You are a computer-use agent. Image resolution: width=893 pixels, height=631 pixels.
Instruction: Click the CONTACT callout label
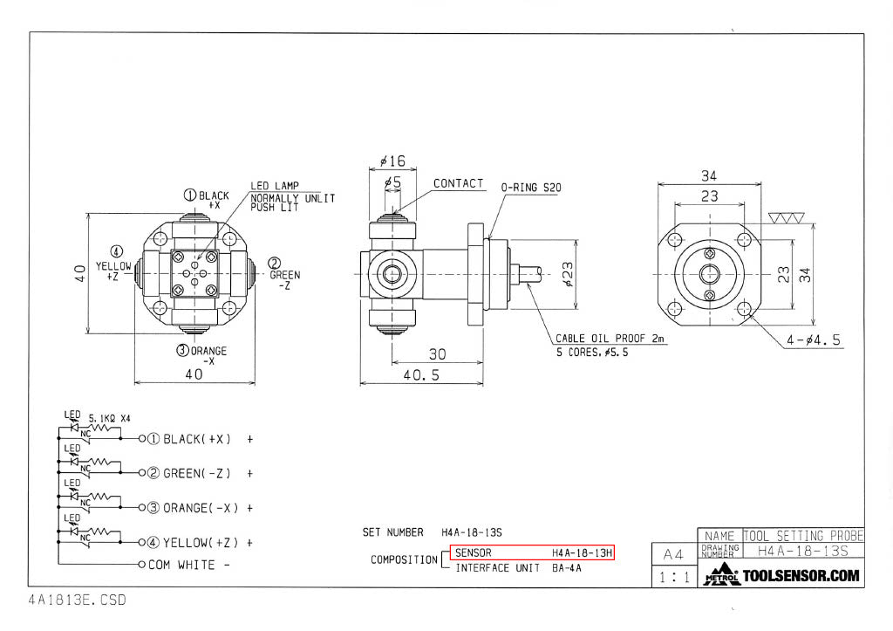tap(458, 183)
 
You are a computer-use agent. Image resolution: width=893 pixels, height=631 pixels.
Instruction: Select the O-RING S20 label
tap(531, 188)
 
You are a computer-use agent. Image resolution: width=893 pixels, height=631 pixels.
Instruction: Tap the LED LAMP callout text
tap(275, 186)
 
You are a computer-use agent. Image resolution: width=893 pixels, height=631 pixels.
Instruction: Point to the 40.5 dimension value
tap(421, 375)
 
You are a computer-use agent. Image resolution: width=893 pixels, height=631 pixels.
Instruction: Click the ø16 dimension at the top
tap(392, 161)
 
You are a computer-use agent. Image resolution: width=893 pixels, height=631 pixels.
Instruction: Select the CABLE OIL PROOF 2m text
tap(610, 339)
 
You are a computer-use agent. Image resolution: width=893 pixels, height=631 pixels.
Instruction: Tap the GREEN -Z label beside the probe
tap(284, 274)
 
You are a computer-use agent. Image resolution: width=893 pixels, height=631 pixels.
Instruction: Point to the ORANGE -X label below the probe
tap(201, 355)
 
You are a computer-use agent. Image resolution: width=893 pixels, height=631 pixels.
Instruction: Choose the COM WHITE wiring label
tap(188, 565)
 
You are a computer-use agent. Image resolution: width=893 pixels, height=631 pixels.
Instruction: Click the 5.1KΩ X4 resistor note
tap(109, 418)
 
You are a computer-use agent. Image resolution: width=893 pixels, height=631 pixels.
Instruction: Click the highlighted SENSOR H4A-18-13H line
tap(533, 553)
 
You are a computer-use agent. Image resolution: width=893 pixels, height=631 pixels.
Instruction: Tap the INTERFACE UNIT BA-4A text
tap(518, 568)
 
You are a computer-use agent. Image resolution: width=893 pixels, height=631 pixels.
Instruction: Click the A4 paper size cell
tap(674, 554)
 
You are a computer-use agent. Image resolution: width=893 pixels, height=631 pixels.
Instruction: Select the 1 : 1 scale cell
tap(674, 578)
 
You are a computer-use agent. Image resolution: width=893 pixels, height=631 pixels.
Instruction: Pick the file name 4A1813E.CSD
tap(77, 600)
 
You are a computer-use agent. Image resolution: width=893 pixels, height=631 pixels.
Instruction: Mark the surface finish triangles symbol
tap(786, 217)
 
